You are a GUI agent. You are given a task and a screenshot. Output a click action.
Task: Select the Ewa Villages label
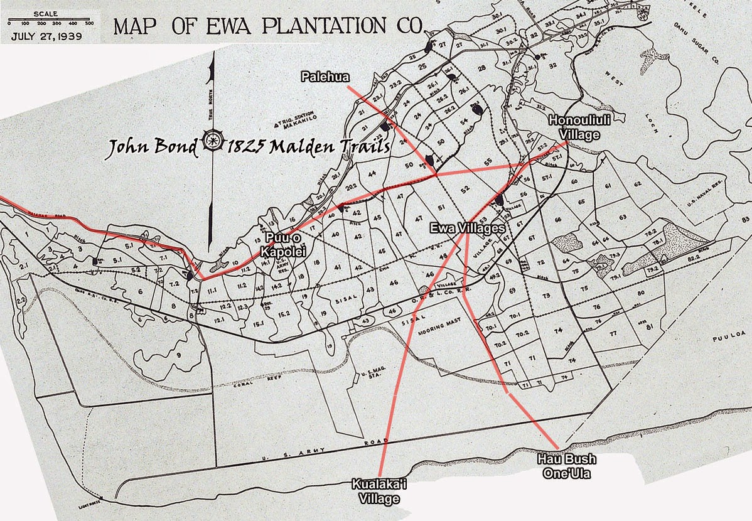pos(468,228)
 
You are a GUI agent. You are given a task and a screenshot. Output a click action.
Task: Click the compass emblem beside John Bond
pos(213,146)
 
